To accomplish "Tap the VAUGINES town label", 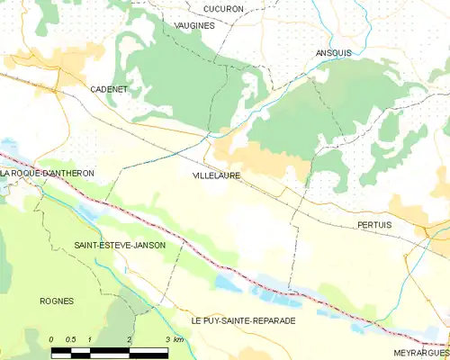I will pos(194,26).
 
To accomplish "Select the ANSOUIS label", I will pos(334,52).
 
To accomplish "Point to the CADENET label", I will pos(109,90).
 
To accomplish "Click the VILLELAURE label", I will pos(216,175).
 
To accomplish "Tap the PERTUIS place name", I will pos(373,223).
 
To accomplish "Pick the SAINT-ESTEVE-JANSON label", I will pos(120,245).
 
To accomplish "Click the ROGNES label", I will pos(56,301).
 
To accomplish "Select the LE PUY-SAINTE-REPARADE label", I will pos(242,320).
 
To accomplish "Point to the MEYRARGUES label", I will pos(421,354).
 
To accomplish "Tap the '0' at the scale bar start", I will pos(52,339).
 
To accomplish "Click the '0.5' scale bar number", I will pos(71,339).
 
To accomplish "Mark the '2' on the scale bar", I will pos(130,339).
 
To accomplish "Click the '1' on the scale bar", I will pos(91,339).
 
